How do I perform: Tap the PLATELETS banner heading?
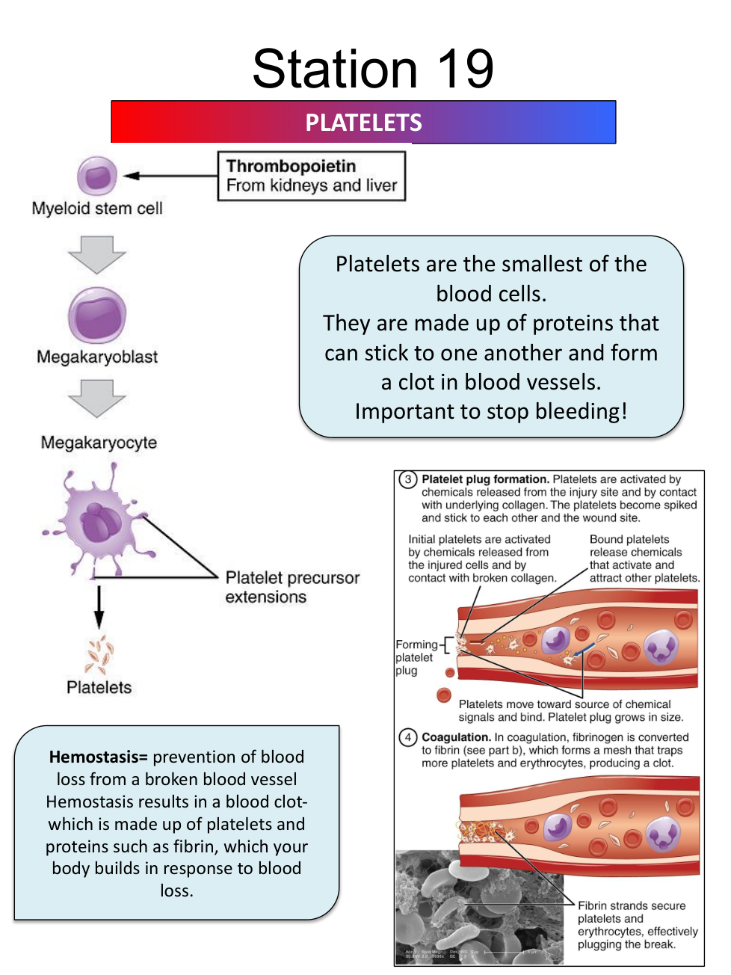click(x=363, y=123)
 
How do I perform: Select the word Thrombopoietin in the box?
click(x=291, y=166)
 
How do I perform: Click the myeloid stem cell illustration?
click(x=97, y=176)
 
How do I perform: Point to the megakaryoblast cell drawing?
click(x=97, y=316)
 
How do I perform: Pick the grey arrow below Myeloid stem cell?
click(x=97, y=254)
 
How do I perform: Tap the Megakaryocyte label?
click(x=99, y=443)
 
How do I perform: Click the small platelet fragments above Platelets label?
click(x=99, y=655)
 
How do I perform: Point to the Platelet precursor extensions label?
click(x=292, y=587)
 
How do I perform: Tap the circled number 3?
click(x=407, y=479)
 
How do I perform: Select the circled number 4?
click(x=407, y=737)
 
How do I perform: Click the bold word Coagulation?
click(x=456, y=737)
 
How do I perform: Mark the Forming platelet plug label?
click(x=416, y=657)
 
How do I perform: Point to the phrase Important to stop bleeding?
click(x=491, y=411)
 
